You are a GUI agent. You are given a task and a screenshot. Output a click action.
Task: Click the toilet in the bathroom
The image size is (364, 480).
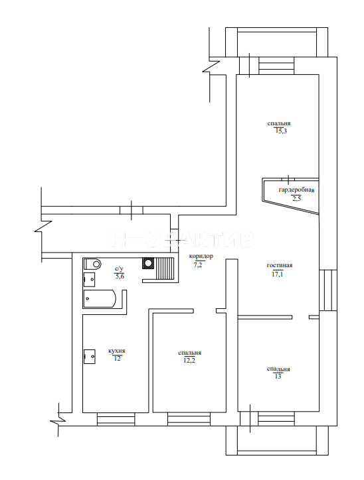[92, 264]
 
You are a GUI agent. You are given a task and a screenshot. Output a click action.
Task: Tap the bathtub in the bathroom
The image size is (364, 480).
[100, 298]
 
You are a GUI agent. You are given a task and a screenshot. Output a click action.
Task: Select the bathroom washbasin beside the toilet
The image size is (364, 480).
[89, 279]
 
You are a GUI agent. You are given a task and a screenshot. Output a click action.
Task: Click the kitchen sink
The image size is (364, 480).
[89, 357]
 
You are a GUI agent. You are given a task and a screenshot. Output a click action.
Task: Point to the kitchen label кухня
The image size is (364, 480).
[116, 351]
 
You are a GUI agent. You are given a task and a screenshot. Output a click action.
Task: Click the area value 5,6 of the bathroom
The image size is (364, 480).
[120, 276]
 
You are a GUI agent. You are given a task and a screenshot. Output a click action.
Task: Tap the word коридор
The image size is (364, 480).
[201, 256]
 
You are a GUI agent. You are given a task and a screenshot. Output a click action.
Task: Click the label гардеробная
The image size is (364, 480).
[296, 190]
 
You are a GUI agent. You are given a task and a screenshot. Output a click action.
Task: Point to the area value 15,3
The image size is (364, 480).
[280, 131]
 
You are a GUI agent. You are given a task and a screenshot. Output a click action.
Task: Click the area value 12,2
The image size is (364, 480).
[189, 360]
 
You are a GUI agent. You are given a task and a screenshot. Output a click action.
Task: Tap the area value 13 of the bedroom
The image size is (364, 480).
[278, 376]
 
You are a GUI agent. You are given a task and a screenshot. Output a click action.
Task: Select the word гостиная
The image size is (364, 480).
[280, 265]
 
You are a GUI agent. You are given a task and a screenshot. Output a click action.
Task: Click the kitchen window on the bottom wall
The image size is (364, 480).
[116, 419]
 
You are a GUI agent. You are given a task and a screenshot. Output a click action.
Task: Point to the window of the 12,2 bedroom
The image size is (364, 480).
[189, 419]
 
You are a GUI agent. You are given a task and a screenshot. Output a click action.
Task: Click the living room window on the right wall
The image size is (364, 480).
[328, 290]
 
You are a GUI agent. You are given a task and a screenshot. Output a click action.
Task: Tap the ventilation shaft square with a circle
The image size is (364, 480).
[148, 263]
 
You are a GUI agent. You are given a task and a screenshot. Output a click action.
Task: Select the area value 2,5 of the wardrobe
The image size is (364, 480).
[296, 198]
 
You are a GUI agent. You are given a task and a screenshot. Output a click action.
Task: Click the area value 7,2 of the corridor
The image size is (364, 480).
[198, 265]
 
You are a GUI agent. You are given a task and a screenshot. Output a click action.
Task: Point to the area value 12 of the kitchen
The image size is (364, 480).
[117, 359]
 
